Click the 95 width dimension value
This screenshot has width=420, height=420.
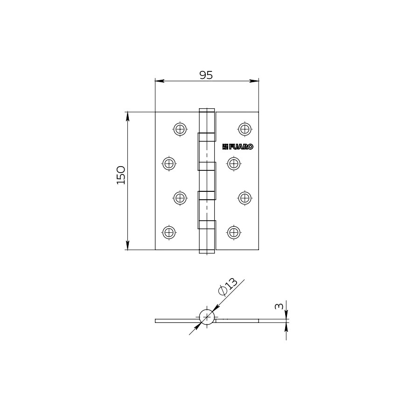(x=206, y=75)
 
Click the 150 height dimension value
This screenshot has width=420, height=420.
(x=121, y=175)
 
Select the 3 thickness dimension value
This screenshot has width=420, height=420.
(x=279, y=307)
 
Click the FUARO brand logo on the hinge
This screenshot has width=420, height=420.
(x=238, y=147)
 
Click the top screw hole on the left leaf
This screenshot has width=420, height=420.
(x=180, y=129)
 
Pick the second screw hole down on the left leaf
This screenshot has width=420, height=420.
(x=169, y=163)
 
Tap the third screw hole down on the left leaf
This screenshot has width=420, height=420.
(x=180, y=198)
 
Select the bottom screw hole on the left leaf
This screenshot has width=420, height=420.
(x=169, y=232)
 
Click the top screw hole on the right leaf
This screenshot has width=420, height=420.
(x=245, y=129)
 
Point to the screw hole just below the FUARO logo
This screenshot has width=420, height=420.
(x=233, y=163)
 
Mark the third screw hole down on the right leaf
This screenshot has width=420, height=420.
(x=245, y=198)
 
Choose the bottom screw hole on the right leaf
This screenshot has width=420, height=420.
(x=233, y=232)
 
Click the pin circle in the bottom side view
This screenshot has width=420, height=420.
(x=207, y=317)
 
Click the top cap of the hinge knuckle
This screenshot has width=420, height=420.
(x=207, y=111)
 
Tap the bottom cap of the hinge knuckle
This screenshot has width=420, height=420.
(x=207, y=252)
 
